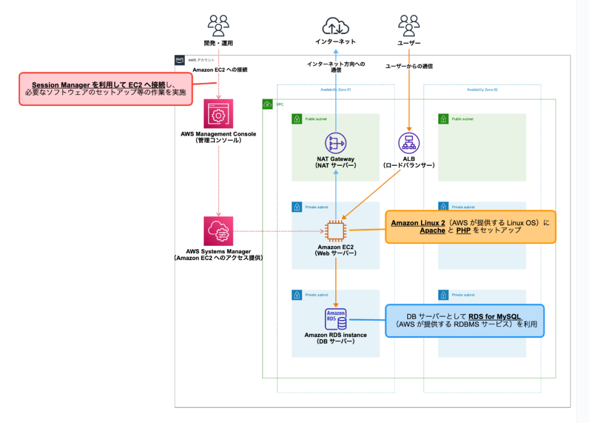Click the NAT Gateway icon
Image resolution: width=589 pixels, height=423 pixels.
(x=335, y=143)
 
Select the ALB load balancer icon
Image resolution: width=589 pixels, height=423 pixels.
(x=409, y=143)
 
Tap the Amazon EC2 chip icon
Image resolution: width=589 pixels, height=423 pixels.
(x=335, y=231)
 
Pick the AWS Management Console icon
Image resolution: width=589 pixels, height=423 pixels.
(x=218, y=114)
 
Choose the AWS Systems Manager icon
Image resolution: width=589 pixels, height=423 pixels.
(x=218, y=231)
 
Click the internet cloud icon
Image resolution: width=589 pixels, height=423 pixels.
(x=335, y=26)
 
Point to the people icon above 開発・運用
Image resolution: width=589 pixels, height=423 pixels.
(x=218, y=26)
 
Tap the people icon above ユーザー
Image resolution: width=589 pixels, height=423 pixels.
(x=409, y=26)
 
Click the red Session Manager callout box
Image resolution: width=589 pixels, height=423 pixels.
(x=105, y=89)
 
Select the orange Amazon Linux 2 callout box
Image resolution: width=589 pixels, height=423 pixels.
(x=470, y=227)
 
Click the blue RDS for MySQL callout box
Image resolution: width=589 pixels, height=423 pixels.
(x=464, y=321)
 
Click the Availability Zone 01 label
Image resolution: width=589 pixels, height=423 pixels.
(x=335, y=90)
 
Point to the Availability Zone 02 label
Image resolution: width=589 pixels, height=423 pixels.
(x=482, y=90)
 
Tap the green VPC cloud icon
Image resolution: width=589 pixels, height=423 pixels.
(x=267, y=104)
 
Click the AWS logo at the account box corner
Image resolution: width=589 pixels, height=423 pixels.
(x=180, y=60)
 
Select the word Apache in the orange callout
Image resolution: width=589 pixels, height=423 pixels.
(x=433, y=230)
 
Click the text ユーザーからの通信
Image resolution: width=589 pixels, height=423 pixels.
(x=409, y=66)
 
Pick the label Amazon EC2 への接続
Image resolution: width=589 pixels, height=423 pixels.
(x=218, y=70)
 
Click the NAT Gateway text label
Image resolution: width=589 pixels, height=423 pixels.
(x=335, y=159)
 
